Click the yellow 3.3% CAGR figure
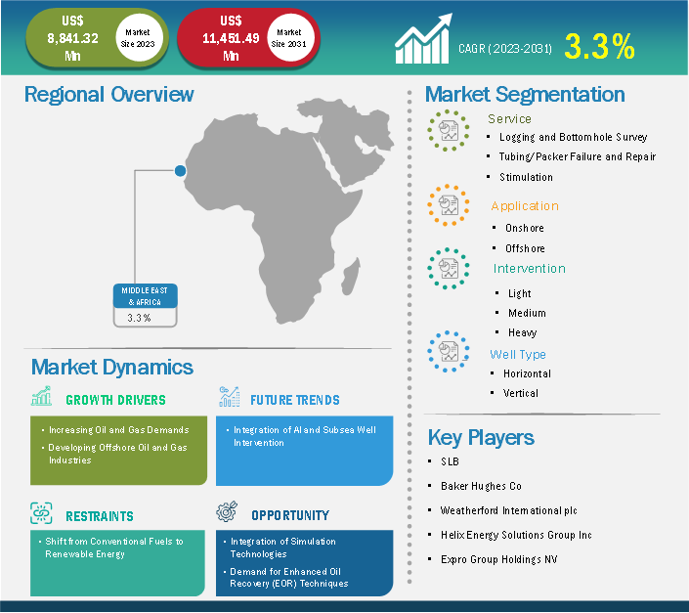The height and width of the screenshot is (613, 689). click(599, 46)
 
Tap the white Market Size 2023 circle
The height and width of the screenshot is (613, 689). click(139, 38)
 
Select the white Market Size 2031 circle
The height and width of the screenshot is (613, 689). click(290, 38)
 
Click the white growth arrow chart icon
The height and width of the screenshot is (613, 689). click(423, 39)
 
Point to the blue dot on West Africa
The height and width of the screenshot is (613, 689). click(180, 170)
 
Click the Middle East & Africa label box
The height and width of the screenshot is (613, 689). click(145, 305)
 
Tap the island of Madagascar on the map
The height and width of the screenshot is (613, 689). click(351, 276)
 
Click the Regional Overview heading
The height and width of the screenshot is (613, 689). click(109, 95)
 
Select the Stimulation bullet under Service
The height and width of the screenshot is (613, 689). click(526, 177)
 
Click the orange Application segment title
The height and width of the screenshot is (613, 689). click(525, 206)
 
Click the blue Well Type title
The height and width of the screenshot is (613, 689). click(518, 354)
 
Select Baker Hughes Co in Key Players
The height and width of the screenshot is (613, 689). click(481, 486)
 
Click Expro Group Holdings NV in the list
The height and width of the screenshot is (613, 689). click(499, 559)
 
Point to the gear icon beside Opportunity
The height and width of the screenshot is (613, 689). click(227, 511)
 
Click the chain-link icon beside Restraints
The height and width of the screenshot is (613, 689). click(41, 513)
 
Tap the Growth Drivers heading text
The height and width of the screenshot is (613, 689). click(115, 400)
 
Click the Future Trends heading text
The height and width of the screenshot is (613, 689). click(295, 400)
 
